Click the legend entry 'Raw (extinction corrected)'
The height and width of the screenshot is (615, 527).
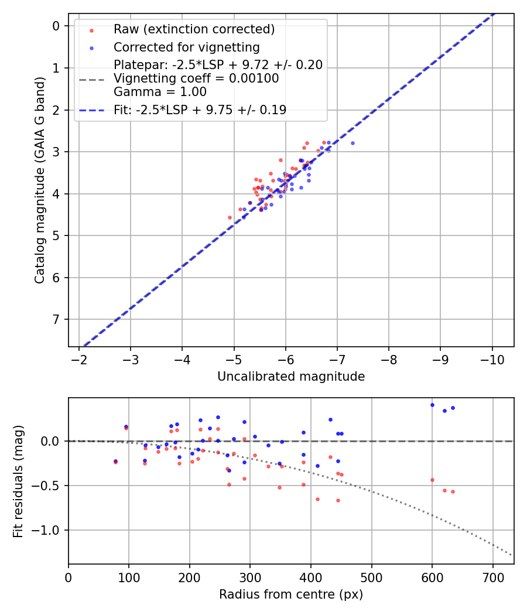click(x=194, y=29)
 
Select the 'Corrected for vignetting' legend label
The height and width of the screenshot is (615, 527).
click(x=187, y=47)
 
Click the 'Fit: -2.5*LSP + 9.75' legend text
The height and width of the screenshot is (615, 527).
click(x=200, y=110)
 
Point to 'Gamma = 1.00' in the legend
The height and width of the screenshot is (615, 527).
click(x=160, y=92)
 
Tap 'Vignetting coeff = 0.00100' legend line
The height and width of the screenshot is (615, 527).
click(x=196, y=78)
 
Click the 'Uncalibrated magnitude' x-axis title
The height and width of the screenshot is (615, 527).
click(x=291, y=377)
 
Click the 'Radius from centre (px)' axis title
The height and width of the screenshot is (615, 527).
click(x=291, y=594)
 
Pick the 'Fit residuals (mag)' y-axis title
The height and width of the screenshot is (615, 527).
click(x=18, y=481)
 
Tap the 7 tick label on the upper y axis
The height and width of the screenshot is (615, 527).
click(x=56, y=319)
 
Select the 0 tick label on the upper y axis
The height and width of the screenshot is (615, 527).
click(x=56, y=26)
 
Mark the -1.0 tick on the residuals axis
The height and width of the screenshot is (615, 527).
click(x=48, y=531)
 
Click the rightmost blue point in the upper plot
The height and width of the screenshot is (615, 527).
click(x=353, y=143)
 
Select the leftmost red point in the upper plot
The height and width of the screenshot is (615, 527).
click(x=230, y=217)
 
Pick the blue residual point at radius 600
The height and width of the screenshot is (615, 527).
click(x=432, y=405)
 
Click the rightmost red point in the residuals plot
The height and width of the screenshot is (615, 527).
click(x=453, y=491)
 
